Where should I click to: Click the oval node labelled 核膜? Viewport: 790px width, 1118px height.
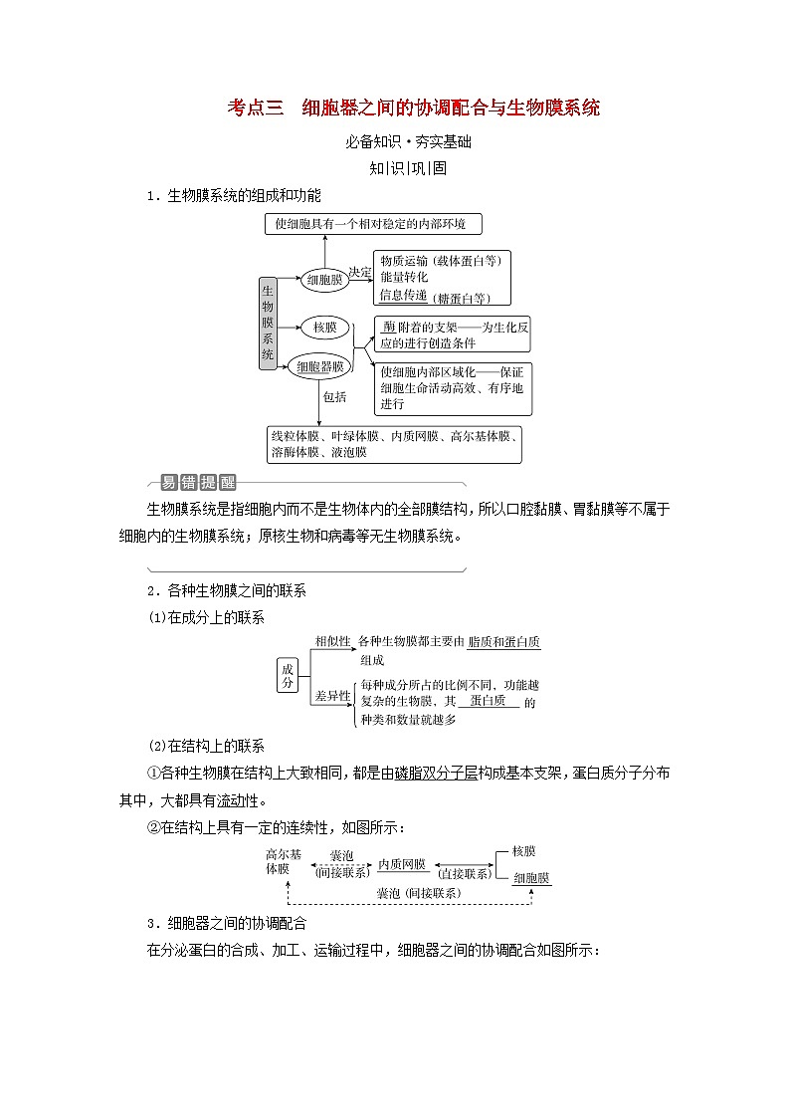coord(324,327)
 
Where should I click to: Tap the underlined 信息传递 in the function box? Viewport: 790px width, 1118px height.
coord(403,295)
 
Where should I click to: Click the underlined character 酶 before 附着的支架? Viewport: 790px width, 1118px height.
coord(388,327)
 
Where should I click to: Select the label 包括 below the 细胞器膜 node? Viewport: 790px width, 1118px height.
coord(334,396)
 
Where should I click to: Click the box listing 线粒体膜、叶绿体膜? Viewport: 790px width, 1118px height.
coord(394,444)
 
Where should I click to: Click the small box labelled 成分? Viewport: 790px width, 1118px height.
coord(288,676)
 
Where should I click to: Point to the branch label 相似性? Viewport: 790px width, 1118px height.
coord(332,641)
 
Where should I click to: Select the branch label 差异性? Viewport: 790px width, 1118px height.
coord(332,695)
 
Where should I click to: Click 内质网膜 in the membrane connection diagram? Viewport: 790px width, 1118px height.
coord(401,864)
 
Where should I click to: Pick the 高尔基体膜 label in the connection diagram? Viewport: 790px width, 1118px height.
coord(283,860)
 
